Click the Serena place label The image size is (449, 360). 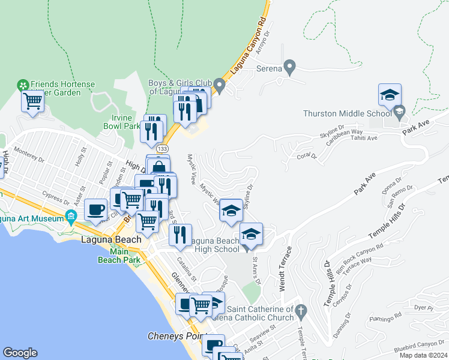pyautogui.click(x=270, y=68)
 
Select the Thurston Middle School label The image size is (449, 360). pyautogui.click(x=348, y=112)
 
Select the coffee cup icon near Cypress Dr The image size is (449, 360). pyautogui.click(x=96, y=210)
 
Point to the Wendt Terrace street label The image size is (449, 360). pyautogui.click(x=283, y=268)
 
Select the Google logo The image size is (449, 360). pyautogui.click(x=20, y=352)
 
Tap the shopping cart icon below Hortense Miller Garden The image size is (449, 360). pyautogui.click(x=32, y=101)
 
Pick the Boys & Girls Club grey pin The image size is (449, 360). pyautogui.click(x=220, y=88)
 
